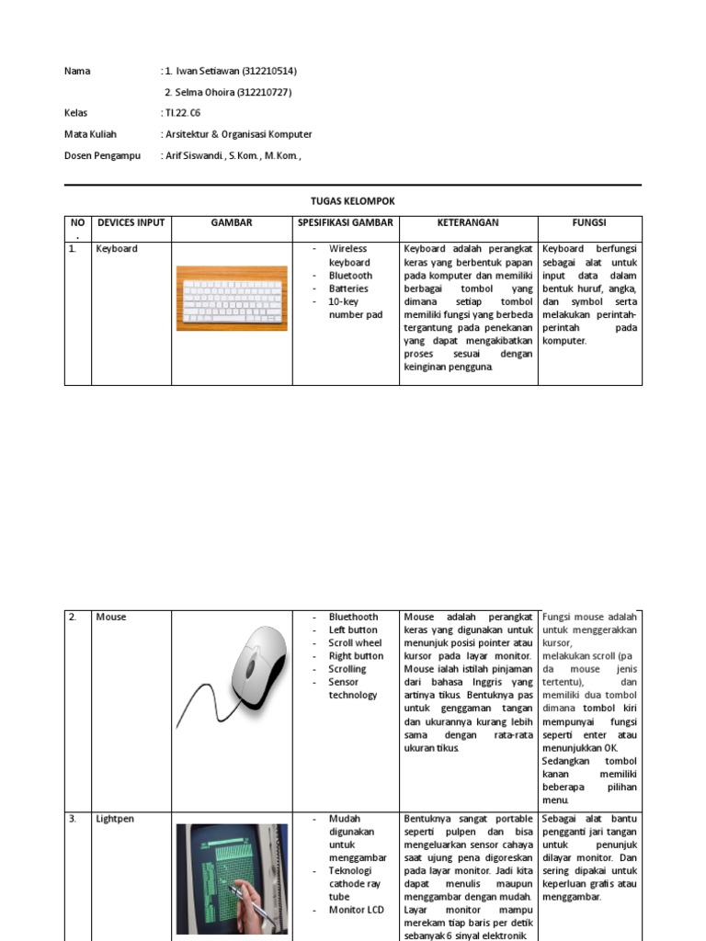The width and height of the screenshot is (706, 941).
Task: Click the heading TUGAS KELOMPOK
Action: pyautogui.click(x=353, y=200)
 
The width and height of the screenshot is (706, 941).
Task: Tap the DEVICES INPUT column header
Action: pyautogui.click(x=131, y=222)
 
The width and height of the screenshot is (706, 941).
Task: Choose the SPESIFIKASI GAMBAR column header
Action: pyautogui.click(x=345, y=222)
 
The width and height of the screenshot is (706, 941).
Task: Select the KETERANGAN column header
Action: pyautogui.click(x=468, y=222)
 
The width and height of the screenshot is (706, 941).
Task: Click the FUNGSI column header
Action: pyautogui.click(x=589, y=222)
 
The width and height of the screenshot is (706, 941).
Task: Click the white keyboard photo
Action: pyautogui.click(x=231, y=298)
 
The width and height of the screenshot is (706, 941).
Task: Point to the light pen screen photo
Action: pyautogui.click(x=231, y=877)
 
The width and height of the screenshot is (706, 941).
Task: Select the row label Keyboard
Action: pyautogui.click(x=117, y=249)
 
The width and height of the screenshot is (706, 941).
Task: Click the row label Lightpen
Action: pyautogui.click(x=115, y=819)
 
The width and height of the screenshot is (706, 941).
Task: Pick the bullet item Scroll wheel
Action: pyautogui.click(x=355, y=643)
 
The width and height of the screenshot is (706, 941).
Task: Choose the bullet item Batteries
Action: pyautogui.click(x=348, y=289)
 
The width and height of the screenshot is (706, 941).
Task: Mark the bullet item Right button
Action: pyautogui.click(x=356, y=656)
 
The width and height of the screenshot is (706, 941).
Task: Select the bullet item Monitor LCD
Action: pyautogui.click(x=358, y=910)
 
